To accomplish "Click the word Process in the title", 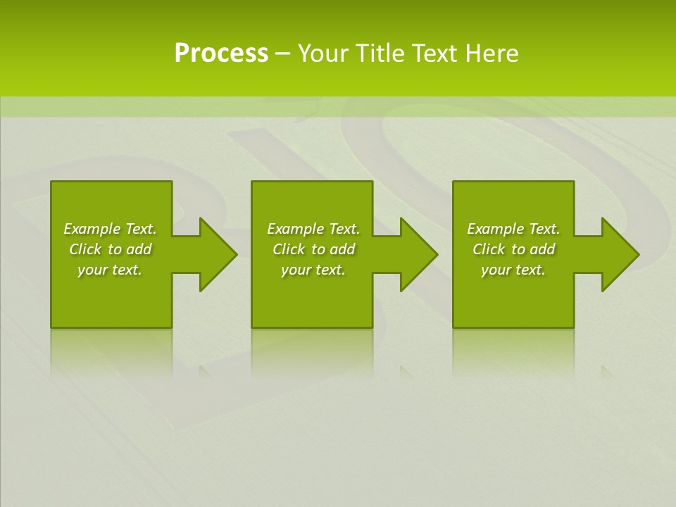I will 221,54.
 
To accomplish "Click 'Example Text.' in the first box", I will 110,229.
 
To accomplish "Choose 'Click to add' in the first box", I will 110,249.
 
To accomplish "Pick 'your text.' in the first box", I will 110,270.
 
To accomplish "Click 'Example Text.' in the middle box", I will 313,229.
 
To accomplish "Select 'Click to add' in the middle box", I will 313,249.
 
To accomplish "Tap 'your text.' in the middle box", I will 313,270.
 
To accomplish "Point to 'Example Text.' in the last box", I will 513,229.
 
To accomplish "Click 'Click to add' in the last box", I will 513,249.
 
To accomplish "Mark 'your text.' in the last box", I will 513,270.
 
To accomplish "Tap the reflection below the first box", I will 111,349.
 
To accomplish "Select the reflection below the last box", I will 513,349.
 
